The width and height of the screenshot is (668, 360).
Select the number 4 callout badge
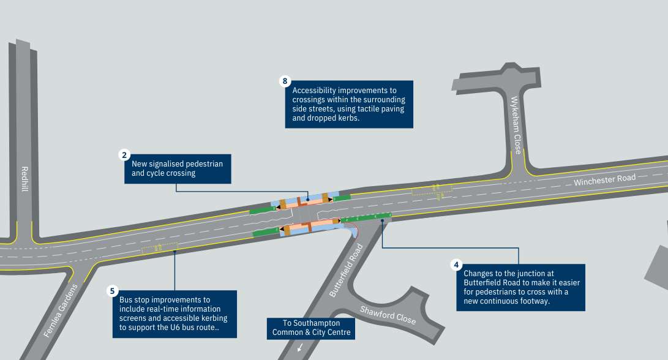(456, 265)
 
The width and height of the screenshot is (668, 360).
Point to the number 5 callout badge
(113, 291)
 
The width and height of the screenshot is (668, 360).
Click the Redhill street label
(24, 179)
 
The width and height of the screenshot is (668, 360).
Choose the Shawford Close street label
(388, 315)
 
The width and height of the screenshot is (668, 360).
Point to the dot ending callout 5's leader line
(175, 250)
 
